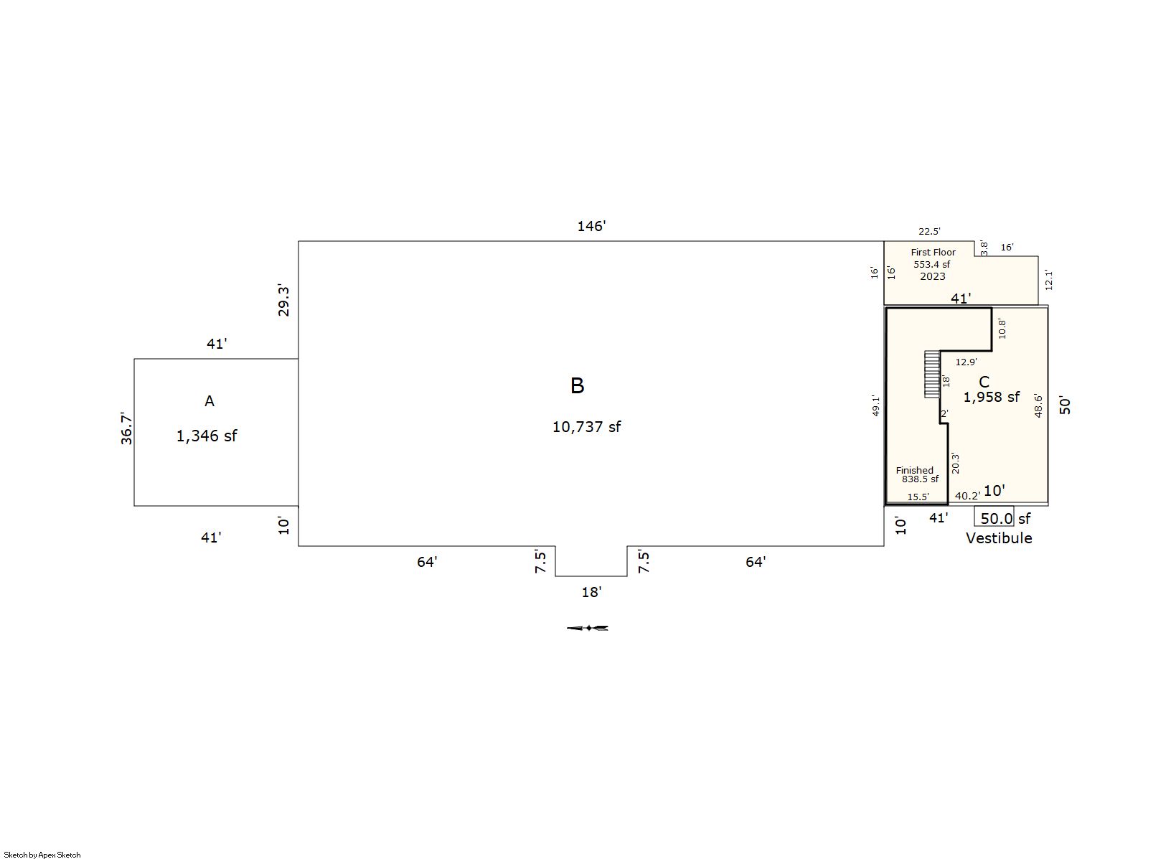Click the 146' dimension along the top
591,226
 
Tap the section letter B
577,386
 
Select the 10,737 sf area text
586,426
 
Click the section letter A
209,401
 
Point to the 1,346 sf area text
207,436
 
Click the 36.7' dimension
126,428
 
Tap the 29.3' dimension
283,301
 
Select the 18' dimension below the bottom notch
591,592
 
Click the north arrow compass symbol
588,628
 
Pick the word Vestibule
999,538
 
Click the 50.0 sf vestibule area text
1005,519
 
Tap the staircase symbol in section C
932,374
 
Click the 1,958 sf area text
991,398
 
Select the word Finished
914,470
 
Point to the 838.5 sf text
920,479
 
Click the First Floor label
933,252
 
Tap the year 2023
933,276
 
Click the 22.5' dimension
929,231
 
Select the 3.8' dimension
984,248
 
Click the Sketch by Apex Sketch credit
42,855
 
